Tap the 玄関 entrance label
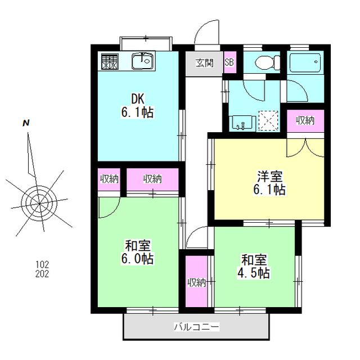tap(205, 63)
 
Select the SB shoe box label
tap(229, 63)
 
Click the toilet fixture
tap(262, 62)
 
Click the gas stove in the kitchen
tap(110, 61)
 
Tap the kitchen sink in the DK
tap(142, 60)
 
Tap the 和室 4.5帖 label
tap(255, 266)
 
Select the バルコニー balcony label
tap(196, 326)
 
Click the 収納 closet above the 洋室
tap(305, 120)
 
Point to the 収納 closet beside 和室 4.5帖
tap(196, 282)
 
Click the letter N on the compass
tap(26, 123)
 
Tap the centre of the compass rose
tap(38, 200)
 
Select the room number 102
tap(42, 264)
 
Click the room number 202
tap(42, 274)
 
